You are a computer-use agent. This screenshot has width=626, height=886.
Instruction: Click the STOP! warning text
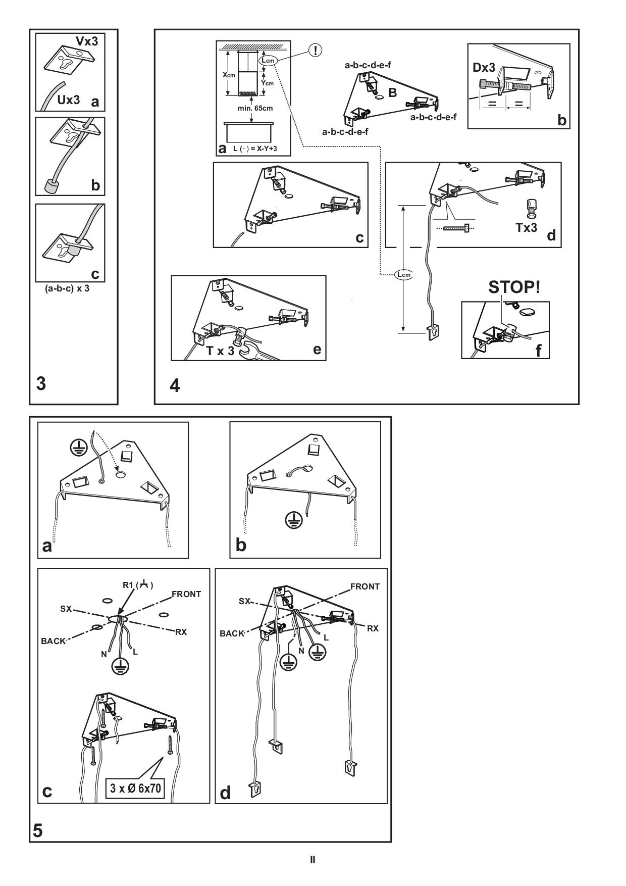(514, 287)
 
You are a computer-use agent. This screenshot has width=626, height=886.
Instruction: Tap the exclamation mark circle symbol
(316, 50)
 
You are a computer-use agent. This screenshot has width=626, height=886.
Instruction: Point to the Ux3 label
(68, 100)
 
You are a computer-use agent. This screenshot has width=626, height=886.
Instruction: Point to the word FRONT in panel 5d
(365, 586)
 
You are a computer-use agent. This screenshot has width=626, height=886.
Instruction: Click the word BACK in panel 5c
(54, 641)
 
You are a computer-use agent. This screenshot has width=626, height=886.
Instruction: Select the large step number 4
(175, 386)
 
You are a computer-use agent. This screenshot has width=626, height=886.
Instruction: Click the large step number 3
(41, 384)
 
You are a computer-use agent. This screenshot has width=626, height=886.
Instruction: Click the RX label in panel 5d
(373, 628)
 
